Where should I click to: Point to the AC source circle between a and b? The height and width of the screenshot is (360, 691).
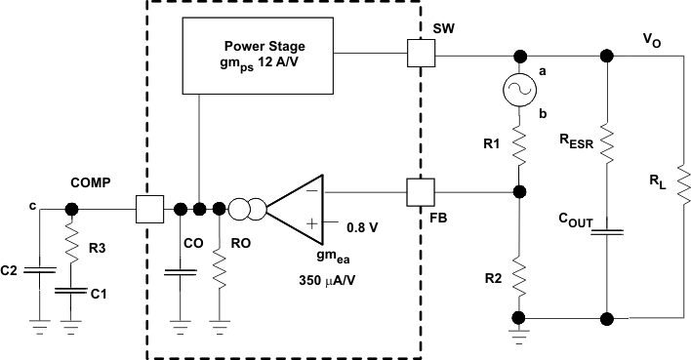point(517,94)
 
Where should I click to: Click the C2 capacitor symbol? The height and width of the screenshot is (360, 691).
point(38,266)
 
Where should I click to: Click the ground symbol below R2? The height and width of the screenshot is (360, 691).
point(517,337)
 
